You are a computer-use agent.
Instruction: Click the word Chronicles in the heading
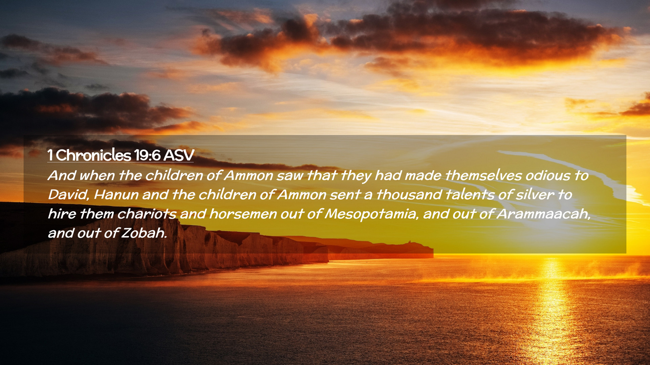click(93, 155)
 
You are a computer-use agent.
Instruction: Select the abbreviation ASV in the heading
click(178, 155)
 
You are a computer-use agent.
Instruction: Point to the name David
click(68, 195)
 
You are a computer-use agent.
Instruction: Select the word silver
click(535, 195)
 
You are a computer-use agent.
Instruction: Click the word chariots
click(147, 214)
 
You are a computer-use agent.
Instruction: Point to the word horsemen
click(243, 214)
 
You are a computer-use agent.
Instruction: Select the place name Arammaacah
click(544, 214)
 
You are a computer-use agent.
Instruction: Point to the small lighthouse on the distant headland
click(409, 242)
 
